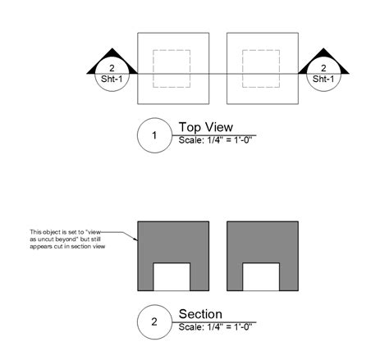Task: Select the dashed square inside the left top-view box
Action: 172,69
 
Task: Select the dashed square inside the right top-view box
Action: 262,69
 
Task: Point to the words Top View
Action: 206,127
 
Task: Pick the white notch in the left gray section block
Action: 172,276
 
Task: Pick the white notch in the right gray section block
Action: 262,276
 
